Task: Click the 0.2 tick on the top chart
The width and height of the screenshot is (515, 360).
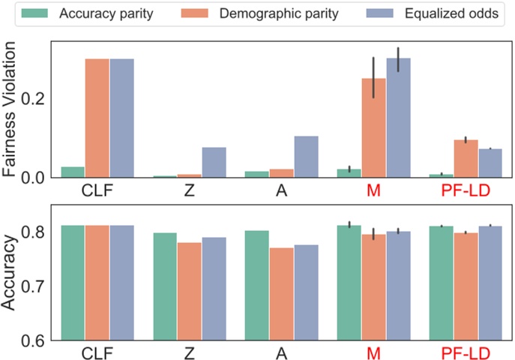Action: (x=37, y=99)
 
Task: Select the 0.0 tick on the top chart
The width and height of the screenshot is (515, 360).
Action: (x=37, y=178)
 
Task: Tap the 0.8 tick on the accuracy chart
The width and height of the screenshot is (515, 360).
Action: (x=37, y=232)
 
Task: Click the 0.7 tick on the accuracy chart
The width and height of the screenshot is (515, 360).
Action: (x=37, y=286)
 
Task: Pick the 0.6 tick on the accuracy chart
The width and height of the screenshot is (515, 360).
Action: (x=37, y=340)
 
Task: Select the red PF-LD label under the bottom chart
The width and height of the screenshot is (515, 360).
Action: (x=466, y=352)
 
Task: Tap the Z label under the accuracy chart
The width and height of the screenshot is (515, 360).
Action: (x=189, y=352)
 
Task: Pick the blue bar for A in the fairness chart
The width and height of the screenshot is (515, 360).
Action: (x=306, y=157)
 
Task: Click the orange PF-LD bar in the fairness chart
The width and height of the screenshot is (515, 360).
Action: (x=466, y=159)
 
